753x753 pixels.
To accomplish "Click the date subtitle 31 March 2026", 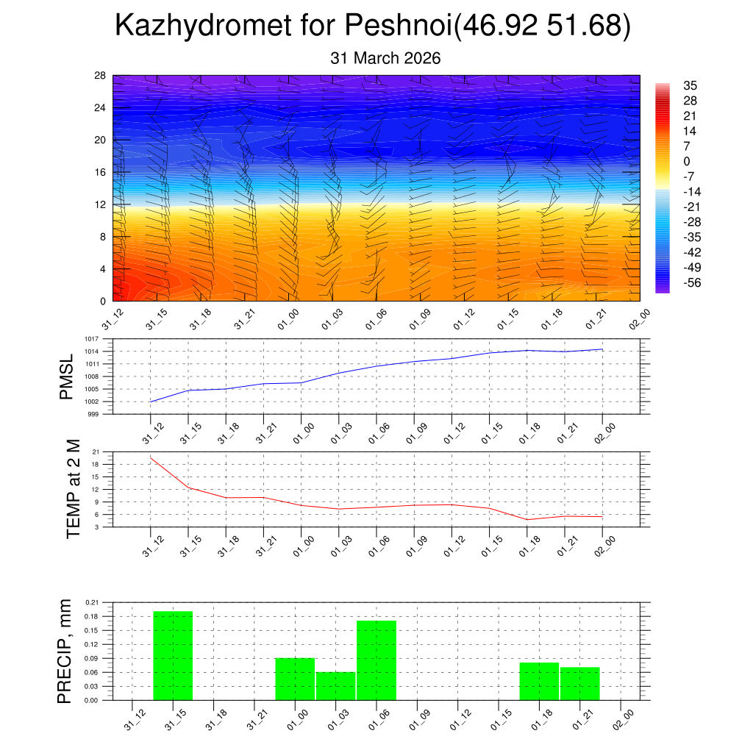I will point(385,58).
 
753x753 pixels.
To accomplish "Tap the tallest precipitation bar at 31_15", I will point(173,655).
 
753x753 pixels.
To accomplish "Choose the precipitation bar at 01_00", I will point(295,679).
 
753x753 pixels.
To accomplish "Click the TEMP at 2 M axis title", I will point(73,488).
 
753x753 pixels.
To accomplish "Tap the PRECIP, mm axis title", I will point(66,651).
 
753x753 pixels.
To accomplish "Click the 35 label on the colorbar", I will point(689,85).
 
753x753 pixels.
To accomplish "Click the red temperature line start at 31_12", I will point(151,457).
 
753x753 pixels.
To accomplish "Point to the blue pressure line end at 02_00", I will point(603,349).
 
